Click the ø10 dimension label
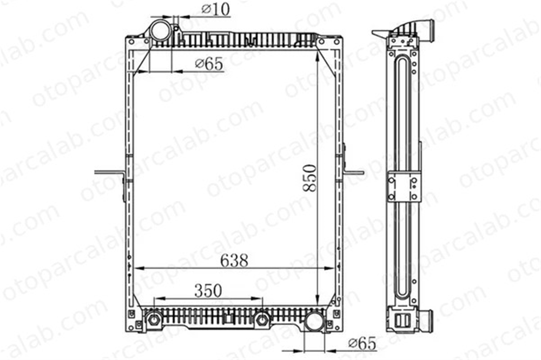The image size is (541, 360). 216,9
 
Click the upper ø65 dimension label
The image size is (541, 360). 209,64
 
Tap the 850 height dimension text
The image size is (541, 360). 309,178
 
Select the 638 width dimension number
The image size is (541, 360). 234,261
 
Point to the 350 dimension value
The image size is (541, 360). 208,290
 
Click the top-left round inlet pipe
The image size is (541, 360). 161,30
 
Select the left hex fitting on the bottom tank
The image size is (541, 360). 154,319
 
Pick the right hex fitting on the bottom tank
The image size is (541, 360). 262,319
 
